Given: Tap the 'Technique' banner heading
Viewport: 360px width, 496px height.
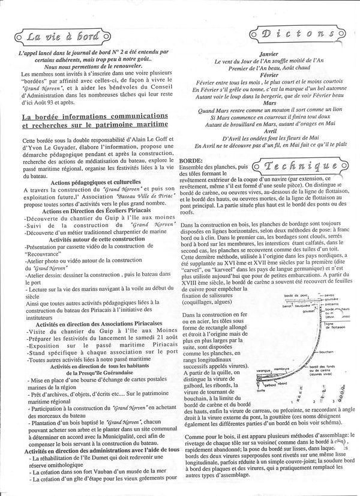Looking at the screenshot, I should pyautogui.click(x=301, y=166).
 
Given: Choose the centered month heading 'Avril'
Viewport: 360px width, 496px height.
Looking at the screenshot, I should pyautogui.click(x=268, y=131).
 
